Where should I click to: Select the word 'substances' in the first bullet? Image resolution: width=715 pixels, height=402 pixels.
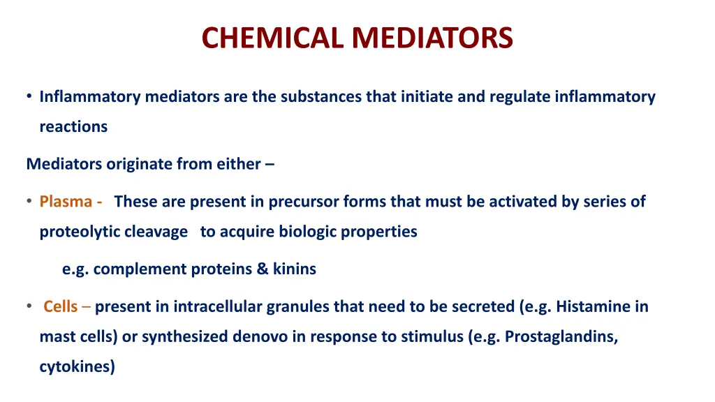[321, 97]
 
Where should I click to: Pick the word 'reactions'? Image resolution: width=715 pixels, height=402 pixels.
[73, 127]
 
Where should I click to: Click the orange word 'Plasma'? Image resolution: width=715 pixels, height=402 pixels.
[66, 202]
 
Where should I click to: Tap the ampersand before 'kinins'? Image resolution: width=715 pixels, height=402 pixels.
[263, 269]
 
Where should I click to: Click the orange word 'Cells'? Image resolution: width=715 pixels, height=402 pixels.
[60, 306]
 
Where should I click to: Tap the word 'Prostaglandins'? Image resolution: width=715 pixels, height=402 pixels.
[561, 336]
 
